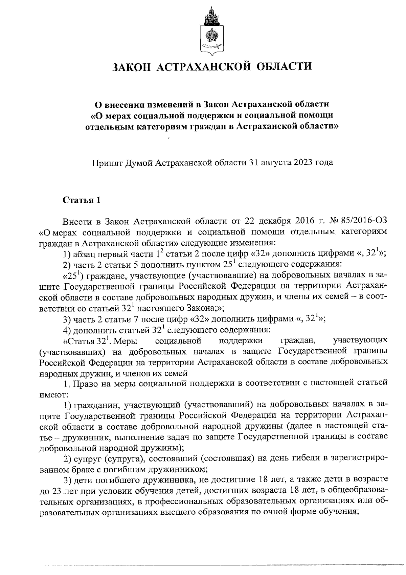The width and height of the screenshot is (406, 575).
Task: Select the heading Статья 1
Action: click(82, 200)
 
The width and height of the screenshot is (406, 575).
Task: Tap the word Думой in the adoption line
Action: click(139, 163)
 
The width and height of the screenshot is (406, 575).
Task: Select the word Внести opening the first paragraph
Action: click(77, 221)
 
